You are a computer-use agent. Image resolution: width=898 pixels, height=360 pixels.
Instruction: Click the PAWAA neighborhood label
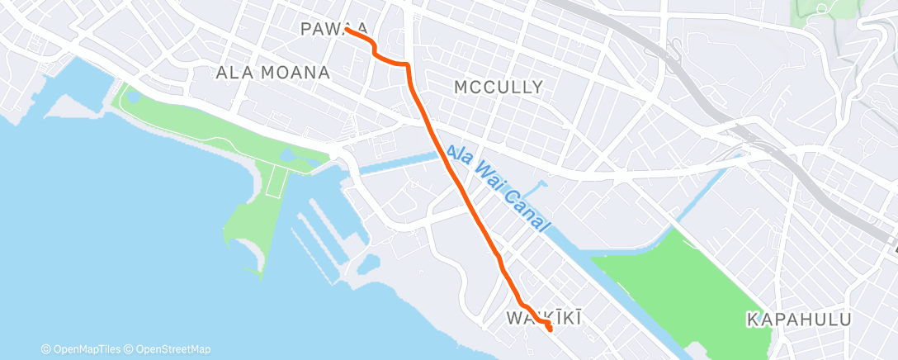pyautogui.click(x=333, y=30)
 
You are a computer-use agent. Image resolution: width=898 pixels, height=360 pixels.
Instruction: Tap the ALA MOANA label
pyautogui.click(x=272, y=73)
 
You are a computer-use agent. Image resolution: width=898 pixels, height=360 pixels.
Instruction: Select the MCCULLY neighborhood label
pyautogui.click(x=499, y=87)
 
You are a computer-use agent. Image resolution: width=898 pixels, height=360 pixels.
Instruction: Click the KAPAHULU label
pyautogui.click(x=797, y=319)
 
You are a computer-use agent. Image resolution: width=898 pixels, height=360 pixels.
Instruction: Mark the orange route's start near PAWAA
pyautogui.click(x=347, y=30)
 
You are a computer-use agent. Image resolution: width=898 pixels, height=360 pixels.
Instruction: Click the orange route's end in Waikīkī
pyautogui.click(x=550, y=330)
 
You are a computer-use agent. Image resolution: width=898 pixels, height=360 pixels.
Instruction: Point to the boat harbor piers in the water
pyautogui.click(x=318, y=239)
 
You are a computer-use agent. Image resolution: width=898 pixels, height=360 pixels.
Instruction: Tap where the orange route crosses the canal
pyautogui.click(x=442, y=149)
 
